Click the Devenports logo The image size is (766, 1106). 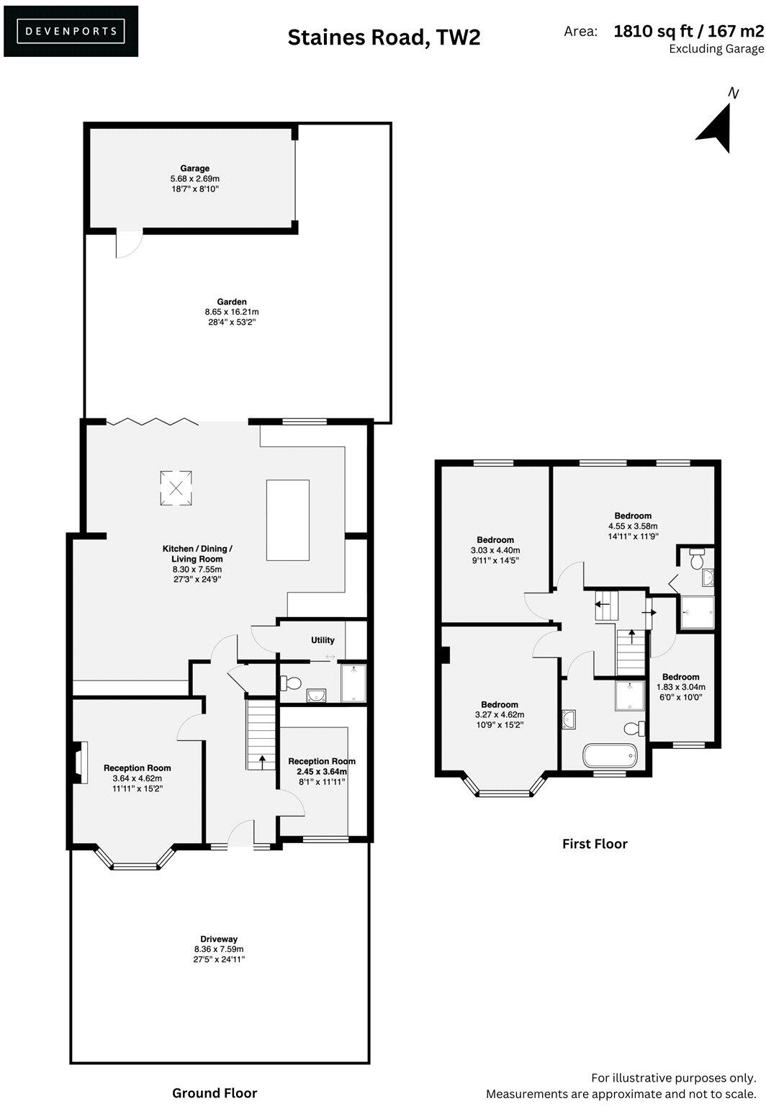pos(71,31)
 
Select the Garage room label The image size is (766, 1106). pos(194,168)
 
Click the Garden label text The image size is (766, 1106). pos(232,302)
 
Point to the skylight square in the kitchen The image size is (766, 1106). pos(176,488)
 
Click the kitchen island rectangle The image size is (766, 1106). pos(287,519)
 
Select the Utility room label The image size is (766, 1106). pos(323,639)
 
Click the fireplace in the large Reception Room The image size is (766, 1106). pos(79,762)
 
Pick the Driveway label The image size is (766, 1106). pos(219,939)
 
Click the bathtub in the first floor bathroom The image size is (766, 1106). pos(610,755)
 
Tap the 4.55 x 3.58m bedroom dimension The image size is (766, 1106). pos(633,526)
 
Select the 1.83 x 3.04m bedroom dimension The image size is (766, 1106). pos(680,687)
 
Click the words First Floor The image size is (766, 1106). pos(595,844)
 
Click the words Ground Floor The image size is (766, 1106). pos(215,1093)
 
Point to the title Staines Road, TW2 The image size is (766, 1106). pos(384,37)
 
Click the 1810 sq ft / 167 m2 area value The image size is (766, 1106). pos(688,31)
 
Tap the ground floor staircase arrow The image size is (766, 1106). pos(261,759)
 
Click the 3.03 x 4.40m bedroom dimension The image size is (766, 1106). pos(495,550)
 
